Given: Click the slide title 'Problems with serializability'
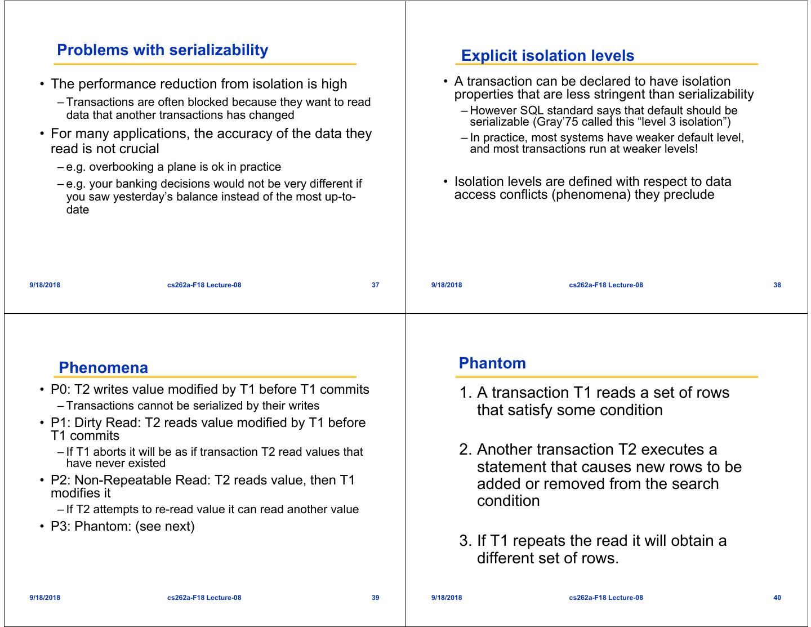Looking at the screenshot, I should coord(162,50).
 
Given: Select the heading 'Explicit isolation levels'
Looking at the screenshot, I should coord(547,56).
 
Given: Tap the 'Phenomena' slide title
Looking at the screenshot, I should coord(103,368).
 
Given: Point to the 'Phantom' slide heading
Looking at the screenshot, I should coord(492,363).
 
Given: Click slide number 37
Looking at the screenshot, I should coord(376,285).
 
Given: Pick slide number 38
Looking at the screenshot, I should coord(777,285).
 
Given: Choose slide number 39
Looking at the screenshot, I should coord(376,598).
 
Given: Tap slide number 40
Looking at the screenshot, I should coord(777,598).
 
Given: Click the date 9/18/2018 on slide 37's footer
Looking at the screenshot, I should coord(45,285).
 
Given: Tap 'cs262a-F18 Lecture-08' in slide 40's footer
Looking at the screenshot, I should coord(606,598).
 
